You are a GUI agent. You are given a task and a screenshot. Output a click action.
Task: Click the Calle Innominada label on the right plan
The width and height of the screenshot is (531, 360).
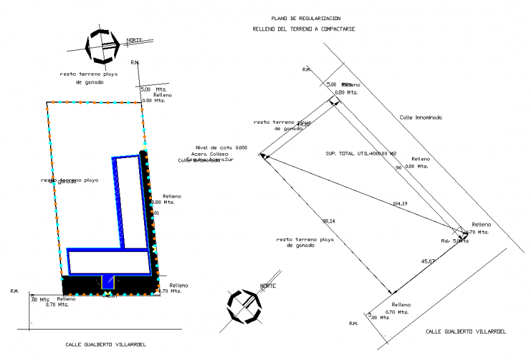point(421,117)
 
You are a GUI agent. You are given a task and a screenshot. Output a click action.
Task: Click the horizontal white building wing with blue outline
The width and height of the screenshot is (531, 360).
point(109,261)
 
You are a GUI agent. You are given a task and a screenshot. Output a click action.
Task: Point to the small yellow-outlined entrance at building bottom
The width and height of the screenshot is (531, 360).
point(108,281)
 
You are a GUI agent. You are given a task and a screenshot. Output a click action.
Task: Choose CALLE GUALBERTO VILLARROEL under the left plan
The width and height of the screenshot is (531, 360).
point(106,344)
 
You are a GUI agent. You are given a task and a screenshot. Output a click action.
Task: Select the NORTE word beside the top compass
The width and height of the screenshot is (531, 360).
point(134,41)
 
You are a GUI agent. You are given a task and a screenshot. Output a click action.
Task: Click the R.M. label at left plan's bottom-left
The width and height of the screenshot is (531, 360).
point(15,291)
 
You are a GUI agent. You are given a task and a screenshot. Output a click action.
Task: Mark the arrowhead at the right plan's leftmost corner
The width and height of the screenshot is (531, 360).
point(262,155)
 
